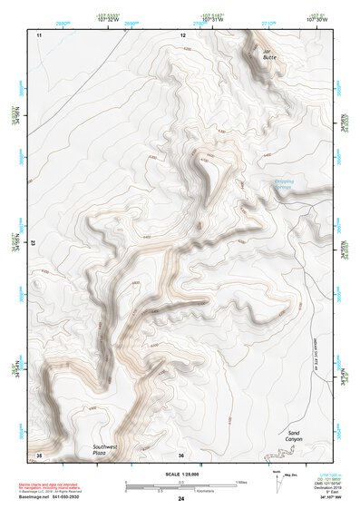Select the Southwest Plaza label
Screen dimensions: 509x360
(105, 450)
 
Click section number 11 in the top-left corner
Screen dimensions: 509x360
(39, 35)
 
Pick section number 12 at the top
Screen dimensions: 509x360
(183, 35)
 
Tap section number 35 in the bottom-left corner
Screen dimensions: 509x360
(39, 455)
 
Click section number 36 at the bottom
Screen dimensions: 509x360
(181, 455)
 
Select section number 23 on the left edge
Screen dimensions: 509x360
(33, 243)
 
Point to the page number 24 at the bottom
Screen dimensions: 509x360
(181, 499)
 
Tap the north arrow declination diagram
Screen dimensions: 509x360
(277, 482)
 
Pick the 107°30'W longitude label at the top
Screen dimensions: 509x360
(316, 17)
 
